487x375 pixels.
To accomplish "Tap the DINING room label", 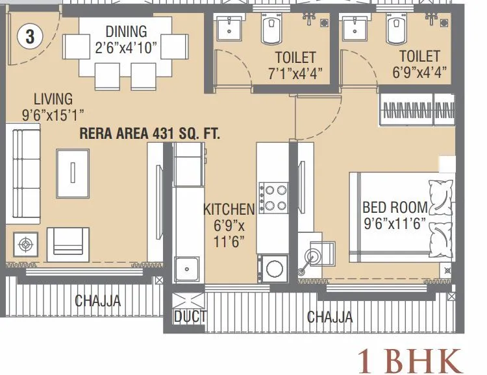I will (126, 31).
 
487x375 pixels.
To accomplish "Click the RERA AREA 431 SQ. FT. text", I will (149, 134).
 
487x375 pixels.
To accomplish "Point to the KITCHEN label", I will (229, 209).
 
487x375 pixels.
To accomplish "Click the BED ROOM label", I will (395, 208).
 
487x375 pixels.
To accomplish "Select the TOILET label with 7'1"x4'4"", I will (295, 57).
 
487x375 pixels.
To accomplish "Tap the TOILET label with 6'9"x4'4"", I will (419, 57).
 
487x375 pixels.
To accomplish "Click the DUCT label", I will (190, 317).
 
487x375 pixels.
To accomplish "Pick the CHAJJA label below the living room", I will (97, 301).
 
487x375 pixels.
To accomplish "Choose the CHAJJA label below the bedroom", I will (330, 317).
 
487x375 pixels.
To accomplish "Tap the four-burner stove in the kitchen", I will (273, 198).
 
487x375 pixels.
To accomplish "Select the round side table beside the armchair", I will (25, 245).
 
